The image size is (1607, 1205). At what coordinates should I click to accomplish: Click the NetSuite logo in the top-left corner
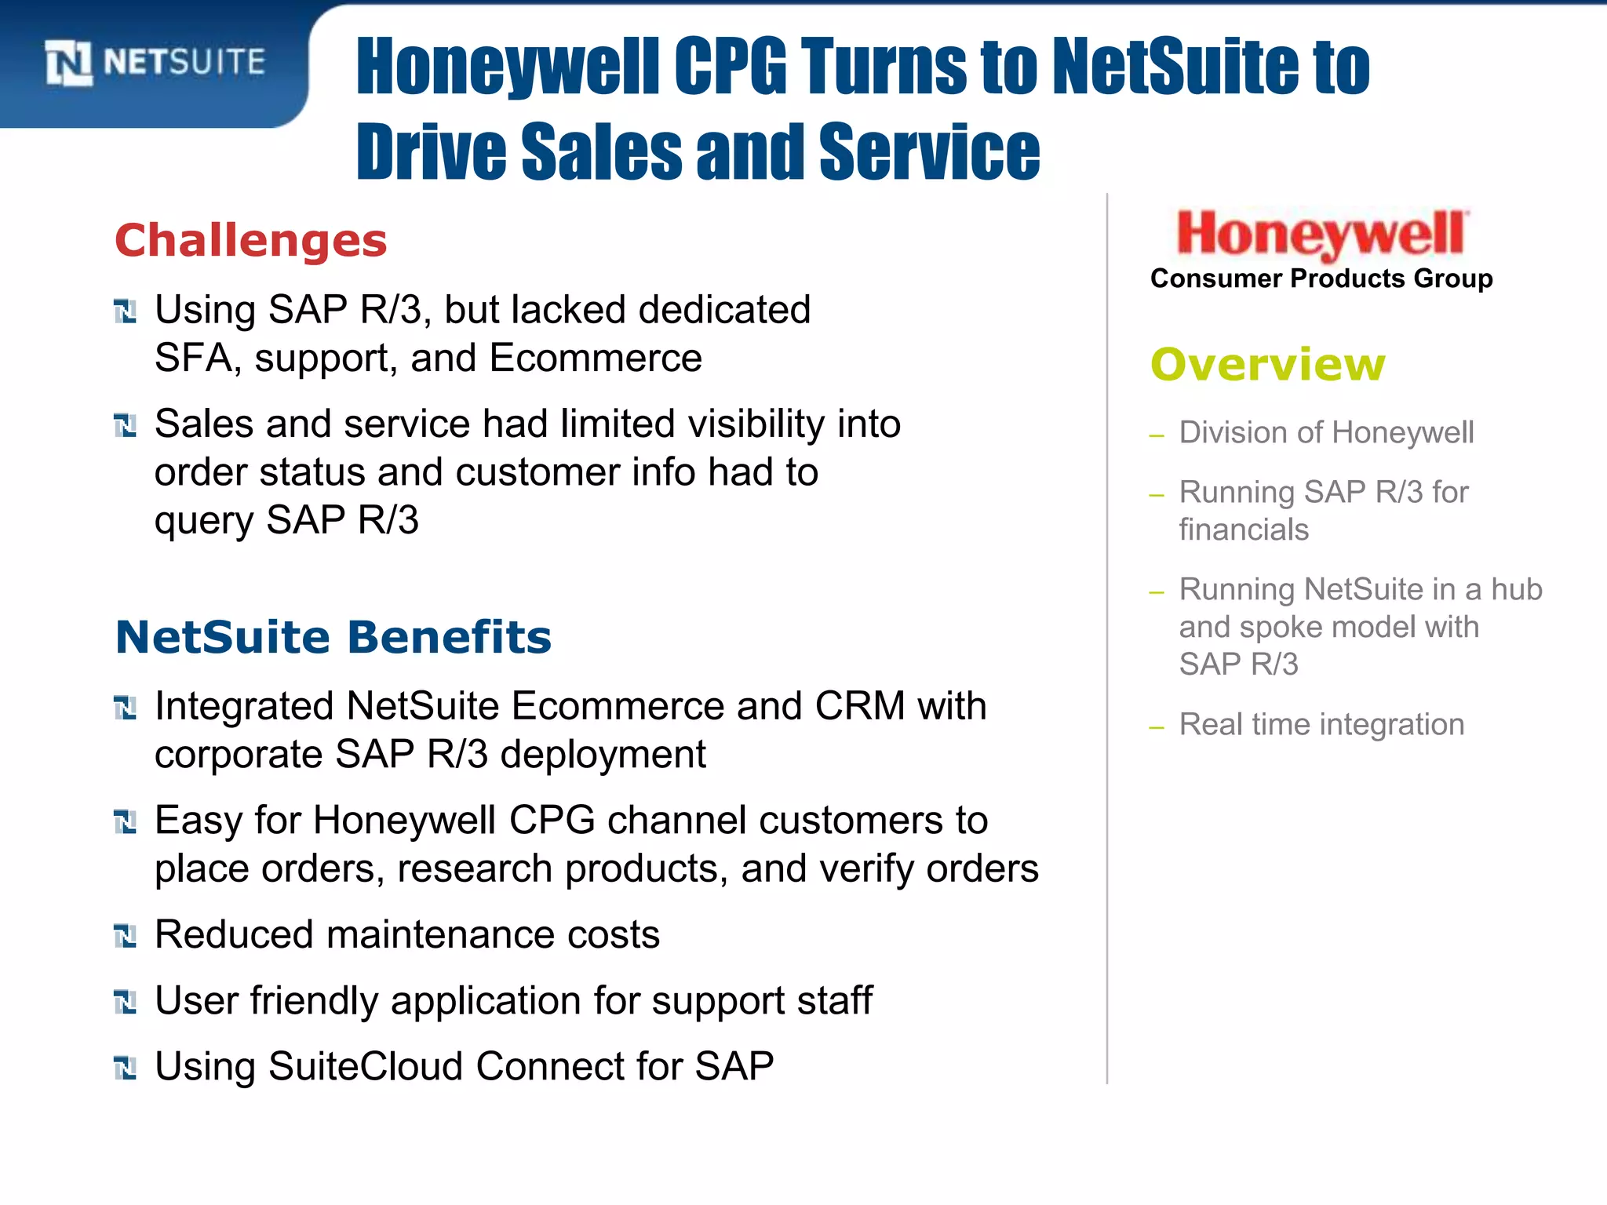tap(155, 62)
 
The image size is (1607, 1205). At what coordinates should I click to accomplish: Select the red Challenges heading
tap(251, 240)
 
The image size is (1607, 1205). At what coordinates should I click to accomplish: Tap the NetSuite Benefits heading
tap(333, 636)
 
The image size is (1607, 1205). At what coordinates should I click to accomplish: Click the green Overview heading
tap(1268, 365)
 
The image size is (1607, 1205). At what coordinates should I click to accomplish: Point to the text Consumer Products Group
tap(1321, 278)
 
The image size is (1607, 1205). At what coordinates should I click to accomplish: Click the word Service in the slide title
tap(929, 151)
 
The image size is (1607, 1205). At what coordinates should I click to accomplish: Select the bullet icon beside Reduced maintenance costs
tap(126, 936)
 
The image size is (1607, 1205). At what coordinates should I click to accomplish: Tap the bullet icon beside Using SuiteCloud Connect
tap(126, 1068)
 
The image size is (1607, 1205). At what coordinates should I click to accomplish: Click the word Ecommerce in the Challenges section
tap(596, 359)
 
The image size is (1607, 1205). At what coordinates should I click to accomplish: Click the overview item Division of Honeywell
tap(1326, 432)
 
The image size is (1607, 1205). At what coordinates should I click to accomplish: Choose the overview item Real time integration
tap(1321, 724)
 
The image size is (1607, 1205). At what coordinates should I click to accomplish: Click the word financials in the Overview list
tap(1244, 530)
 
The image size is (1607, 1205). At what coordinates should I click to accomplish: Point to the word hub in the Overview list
tap(1516, 589)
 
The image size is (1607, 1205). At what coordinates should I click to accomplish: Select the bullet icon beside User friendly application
tap(126, 1002)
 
